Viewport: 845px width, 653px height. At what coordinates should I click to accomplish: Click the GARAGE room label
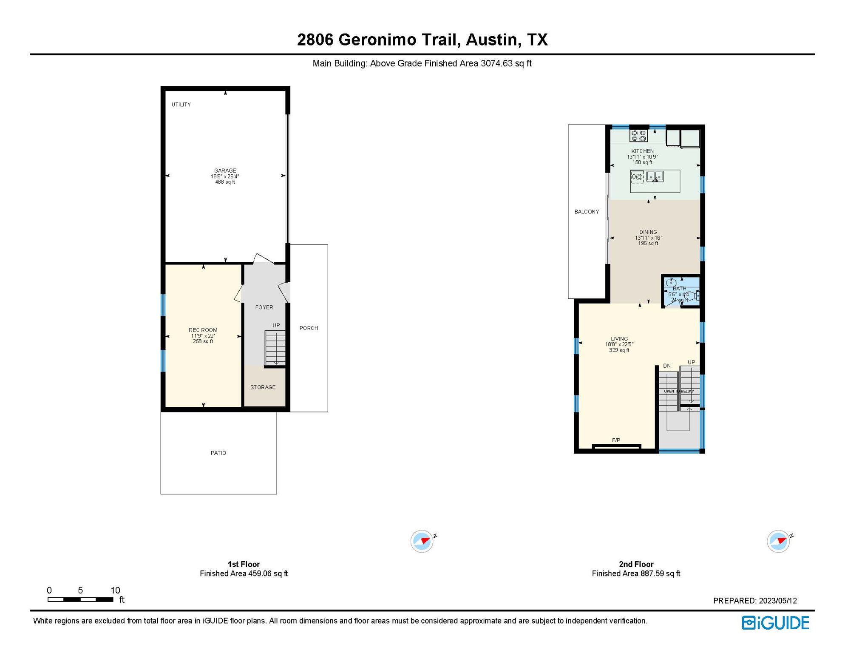225,170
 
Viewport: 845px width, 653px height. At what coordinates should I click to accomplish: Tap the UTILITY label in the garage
181,105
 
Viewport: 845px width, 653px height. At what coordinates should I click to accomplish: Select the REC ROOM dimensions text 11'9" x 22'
203,336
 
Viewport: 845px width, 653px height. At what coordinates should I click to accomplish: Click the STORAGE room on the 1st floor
263,387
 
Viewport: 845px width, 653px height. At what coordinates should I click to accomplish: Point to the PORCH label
309,328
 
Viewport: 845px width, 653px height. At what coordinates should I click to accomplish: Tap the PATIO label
218,453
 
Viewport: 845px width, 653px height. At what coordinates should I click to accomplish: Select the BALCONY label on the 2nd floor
587,212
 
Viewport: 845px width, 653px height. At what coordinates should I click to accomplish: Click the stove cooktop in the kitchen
638,136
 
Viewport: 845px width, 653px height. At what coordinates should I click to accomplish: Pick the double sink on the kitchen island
655,176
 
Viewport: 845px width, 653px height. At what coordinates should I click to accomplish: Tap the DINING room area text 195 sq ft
648,244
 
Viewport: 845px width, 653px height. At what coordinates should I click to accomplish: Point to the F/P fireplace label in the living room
616,440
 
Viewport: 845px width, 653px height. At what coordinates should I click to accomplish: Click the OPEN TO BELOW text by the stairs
679,392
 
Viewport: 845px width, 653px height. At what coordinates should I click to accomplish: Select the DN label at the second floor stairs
667,366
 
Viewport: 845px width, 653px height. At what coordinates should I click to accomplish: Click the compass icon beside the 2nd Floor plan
779,541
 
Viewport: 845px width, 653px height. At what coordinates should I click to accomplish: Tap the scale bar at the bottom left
80,599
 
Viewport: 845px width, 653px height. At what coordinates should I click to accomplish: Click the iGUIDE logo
775,623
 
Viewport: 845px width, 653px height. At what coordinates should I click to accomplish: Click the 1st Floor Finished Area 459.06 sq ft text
244,574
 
